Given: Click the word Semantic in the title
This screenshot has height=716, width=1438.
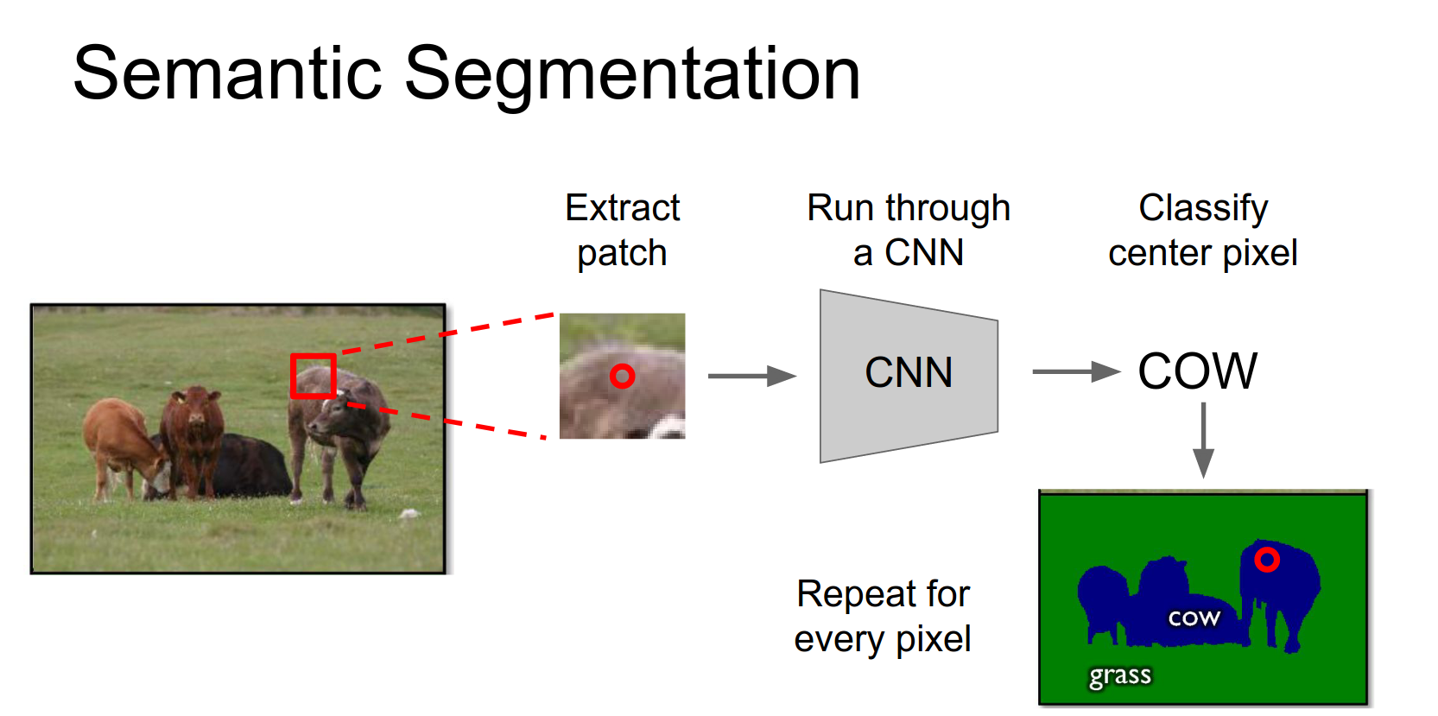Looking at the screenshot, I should pos(227,74).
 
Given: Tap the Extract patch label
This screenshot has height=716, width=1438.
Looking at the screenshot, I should pos(622,231).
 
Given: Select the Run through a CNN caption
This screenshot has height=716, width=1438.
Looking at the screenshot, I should pos(909,231).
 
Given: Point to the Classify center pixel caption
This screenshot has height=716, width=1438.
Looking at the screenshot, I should pos(1202,231).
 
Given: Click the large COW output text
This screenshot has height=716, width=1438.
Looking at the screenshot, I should pos(1197,372).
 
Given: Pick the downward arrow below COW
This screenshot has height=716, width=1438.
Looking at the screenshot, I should pos(1203,440).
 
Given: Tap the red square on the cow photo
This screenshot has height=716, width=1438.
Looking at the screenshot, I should pos(313,376).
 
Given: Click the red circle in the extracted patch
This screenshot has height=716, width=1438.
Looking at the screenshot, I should pos(622,376).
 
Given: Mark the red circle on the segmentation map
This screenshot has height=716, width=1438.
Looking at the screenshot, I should pos(1267,560).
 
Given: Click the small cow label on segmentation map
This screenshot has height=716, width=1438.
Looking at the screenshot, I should pos(1194,618).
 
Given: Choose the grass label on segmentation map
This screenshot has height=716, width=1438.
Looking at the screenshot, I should pos(1120,675).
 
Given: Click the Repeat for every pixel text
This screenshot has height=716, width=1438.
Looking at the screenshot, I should pos(883,617).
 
